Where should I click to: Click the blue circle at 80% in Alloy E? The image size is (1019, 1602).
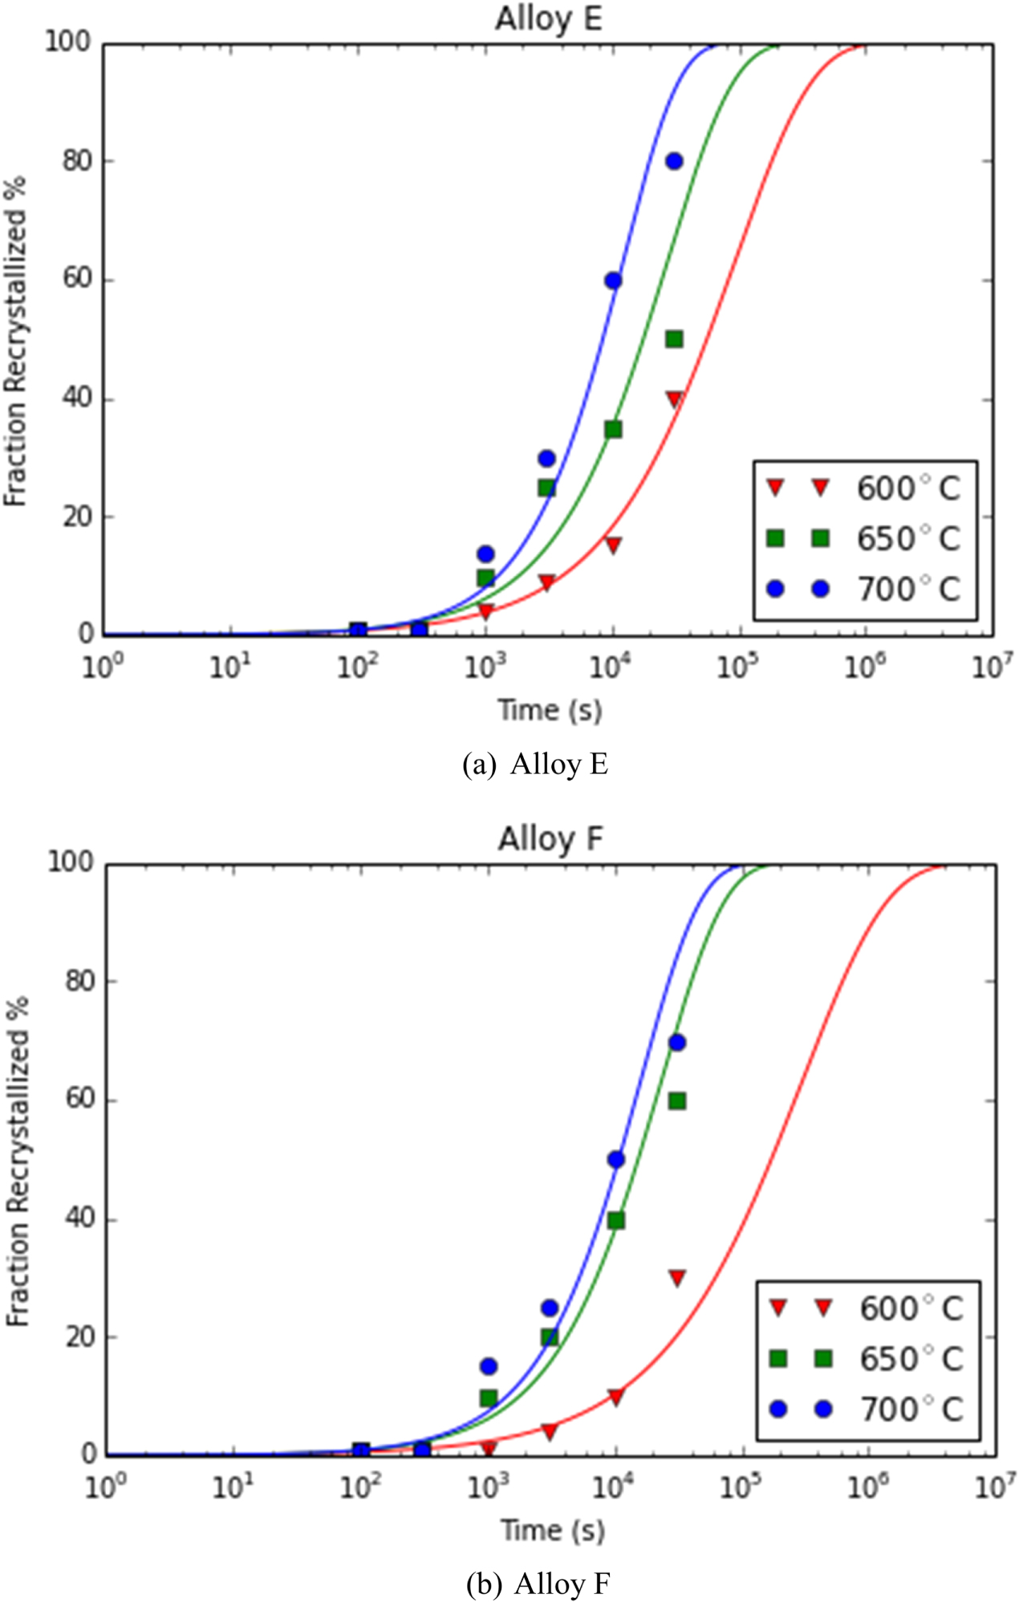(674, 161)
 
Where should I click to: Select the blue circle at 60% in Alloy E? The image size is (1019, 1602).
(613, 281)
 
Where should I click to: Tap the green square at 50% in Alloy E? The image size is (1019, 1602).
(674, 339)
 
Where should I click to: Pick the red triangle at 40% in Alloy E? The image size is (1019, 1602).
(674, 399)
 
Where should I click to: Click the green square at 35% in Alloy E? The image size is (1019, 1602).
(613, 429)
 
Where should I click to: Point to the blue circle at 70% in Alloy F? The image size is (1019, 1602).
(677, 1043)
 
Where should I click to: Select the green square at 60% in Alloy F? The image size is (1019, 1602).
(677, 1101)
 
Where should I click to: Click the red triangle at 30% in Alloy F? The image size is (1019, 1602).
(677, 1278)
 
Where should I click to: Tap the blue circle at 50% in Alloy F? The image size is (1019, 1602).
(616, 1160)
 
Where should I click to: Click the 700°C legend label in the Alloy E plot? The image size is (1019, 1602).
(908, 590)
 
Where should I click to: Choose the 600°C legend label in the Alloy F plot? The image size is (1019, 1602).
(911, 1308)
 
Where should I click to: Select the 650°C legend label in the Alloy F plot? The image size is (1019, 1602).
(911, 1359)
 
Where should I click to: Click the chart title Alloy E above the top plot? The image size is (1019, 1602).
(548, 18)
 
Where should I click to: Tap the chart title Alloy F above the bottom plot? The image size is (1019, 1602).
(550, 839)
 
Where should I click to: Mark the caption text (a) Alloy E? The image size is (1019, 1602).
(535, 764)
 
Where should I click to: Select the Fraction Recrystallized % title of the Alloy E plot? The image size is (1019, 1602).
(16, 341)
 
